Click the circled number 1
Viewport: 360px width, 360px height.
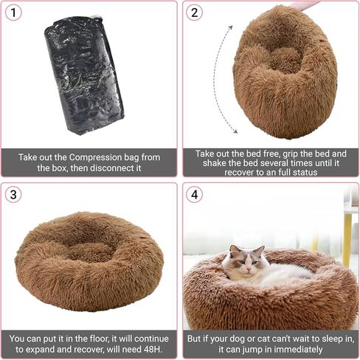click(x=13, y=13)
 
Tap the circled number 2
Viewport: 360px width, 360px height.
click(x=194, y=13)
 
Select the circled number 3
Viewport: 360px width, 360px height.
click(x=13, y=195)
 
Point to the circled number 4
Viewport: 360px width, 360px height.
click(x=194, y=195)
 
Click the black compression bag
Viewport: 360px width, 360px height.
click(x=84, y=75)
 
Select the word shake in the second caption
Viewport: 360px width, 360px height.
click(x=213, y=163)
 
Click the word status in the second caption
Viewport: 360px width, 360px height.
click(x=304, y=173)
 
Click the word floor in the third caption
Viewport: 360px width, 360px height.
click(x=98, y=339)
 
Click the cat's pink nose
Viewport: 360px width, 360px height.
click(x=249, y=269)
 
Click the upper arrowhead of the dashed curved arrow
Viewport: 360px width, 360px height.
click(x=230, y=27)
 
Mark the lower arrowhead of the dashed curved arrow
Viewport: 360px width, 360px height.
click(x=235, y=131)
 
